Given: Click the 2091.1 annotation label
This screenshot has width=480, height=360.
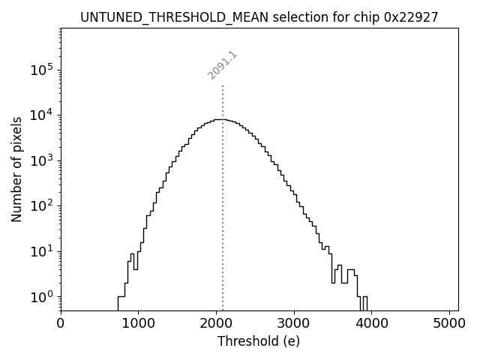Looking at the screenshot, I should (223, 65).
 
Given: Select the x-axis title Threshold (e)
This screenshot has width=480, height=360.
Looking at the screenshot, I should (259, 341).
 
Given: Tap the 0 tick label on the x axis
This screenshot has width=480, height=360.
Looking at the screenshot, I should (61, 323).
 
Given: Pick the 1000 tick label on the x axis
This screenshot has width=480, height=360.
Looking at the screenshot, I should (138, 323).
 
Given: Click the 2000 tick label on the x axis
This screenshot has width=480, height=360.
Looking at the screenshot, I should (216, 323).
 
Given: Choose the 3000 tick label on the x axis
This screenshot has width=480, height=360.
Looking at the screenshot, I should (294, 323).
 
